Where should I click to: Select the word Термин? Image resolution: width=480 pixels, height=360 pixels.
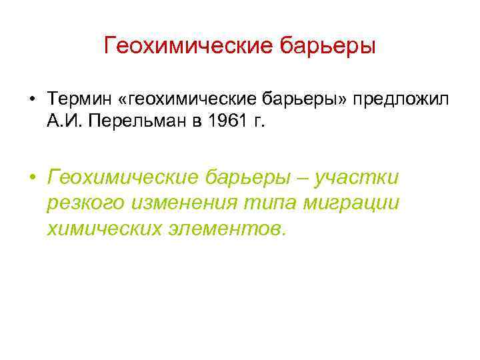tap(75, 100)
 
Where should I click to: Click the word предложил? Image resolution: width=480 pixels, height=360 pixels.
tap(403, 100)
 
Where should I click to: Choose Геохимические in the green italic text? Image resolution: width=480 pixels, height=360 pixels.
tap(123, 178)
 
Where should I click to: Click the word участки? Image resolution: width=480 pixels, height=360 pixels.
tap(360, 178)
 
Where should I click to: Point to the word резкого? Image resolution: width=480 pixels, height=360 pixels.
tap(83, 204)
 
